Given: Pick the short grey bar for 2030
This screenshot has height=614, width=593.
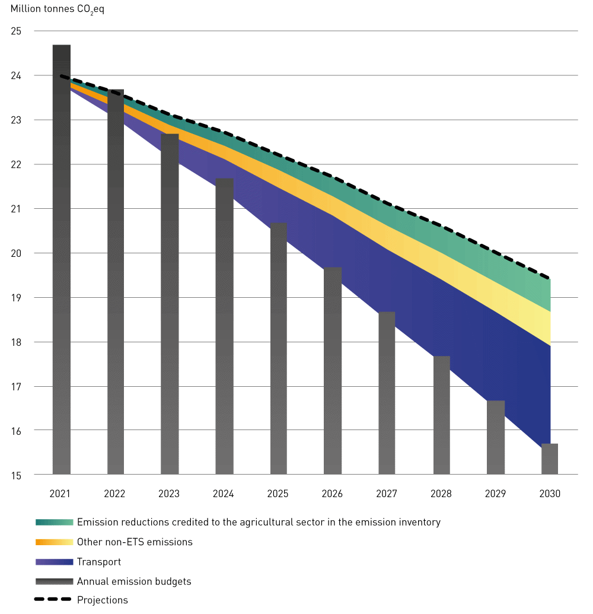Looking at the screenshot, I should pos(550,459).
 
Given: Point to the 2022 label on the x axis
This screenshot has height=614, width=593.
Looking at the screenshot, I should pos(114,494).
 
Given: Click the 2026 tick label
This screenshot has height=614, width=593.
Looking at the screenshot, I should pos(332,494).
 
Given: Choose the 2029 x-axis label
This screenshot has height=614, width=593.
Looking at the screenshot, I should pos(496,494).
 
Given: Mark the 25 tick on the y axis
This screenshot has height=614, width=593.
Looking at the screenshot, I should pos(16,31).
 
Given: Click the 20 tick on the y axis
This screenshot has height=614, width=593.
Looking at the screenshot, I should pos(16,253).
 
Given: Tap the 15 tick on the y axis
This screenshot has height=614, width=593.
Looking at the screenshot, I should pos(16,475).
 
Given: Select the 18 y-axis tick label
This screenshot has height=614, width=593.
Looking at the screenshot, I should pos(16,342).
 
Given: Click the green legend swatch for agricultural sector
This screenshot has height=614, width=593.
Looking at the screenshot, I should pos(54,523).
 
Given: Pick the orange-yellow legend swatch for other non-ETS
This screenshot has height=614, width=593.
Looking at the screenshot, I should pos(54,542).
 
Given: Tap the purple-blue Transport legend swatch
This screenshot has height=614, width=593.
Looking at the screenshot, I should pos(54,562).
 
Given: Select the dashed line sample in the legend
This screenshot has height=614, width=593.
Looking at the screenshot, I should pos(54,600).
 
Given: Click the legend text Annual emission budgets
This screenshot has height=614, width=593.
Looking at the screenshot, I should pos(134,581).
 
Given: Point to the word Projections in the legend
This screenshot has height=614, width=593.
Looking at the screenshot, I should pos(103,600).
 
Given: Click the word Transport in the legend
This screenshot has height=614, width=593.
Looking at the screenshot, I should pos(99,562).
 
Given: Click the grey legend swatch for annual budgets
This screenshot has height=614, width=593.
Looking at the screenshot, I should pos(54,581).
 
